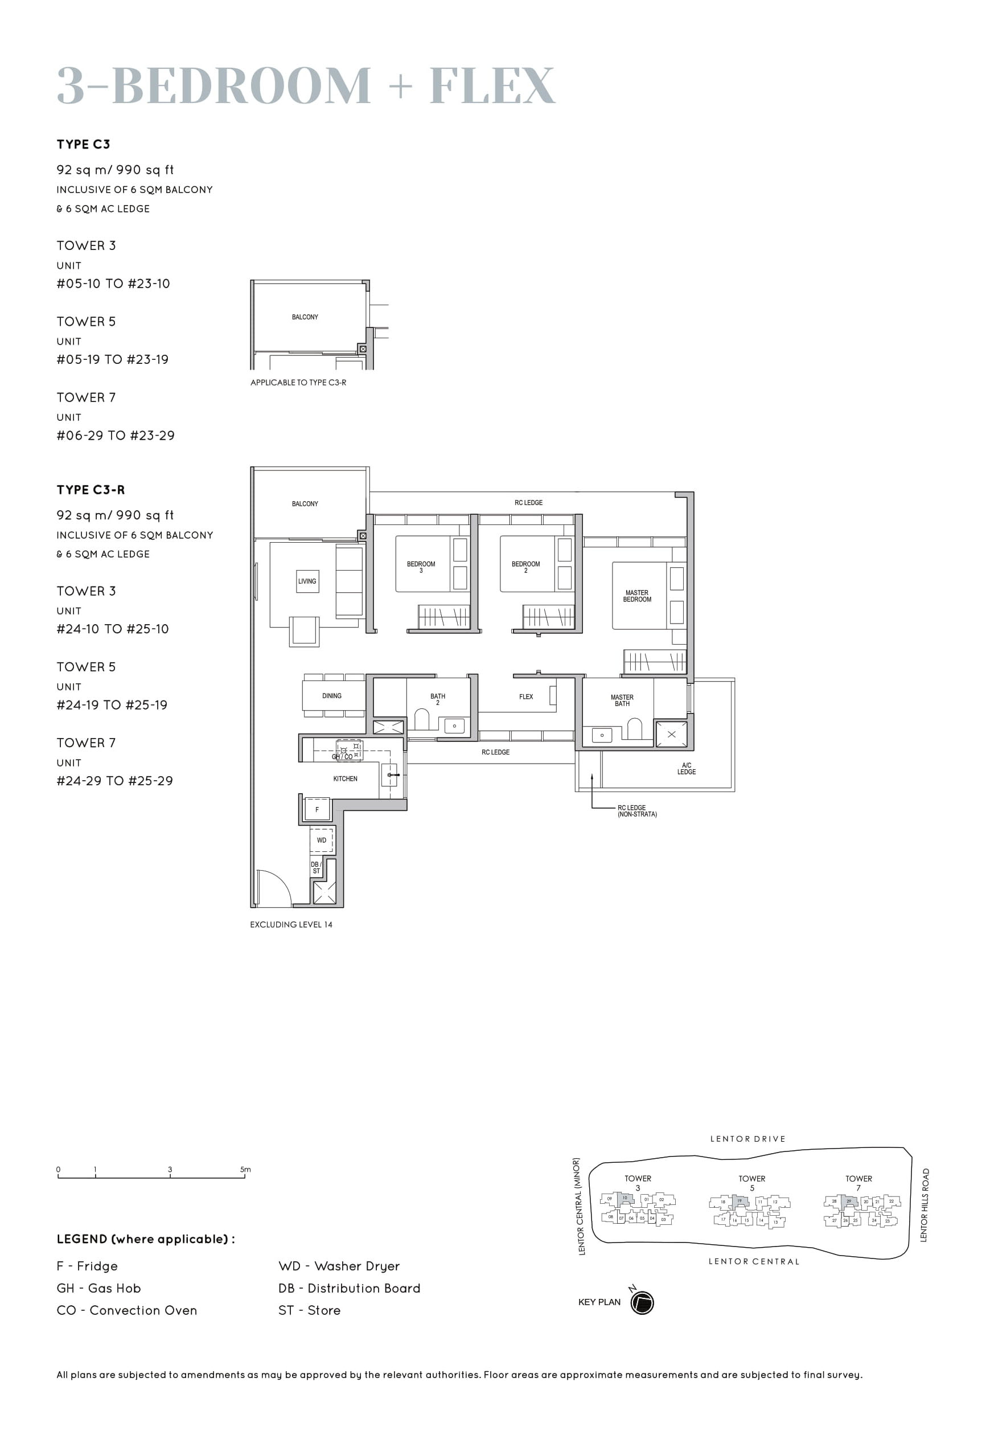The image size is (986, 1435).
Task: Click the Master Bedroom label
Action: [x=636, y=596]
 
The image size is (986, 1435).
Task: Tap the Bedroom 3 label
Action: [x=421, y=567]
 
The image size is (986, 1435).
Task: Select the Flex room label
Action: [x=526, y=696]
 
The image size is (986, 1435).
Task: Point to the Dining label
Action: [x=332, y=696]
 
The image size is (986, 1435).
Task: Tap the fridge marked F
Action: [x=317, y=810]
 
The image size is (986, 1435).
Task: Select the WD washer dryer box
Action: [x=321, y=840]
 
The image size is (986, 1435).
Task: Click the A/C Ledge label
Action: [x=686, y=768]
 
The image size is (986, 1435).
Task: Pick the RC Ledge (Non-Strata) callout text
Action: [x=636, y=811]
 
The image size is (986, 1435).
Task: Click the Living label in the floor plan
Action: [x=307, y=581]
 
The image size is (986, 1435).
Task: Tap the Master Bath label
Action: [x=622, y=700]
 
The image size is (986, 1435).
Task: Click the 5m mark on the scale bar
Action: [x=245, y=1169]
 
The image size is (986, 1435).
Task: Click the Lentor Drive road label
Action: [x=747, y=1138]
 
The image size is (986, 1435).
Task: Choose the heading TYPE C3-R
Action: [x=91, y=490]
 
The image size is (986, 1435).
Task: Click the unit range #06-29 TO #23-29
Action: [x=116, y=436]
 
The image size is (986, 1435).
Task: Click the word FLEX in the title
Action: [x=492, y=86]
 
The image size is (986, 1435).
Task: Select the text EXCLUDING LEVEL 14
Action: [x=291, y=925]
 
